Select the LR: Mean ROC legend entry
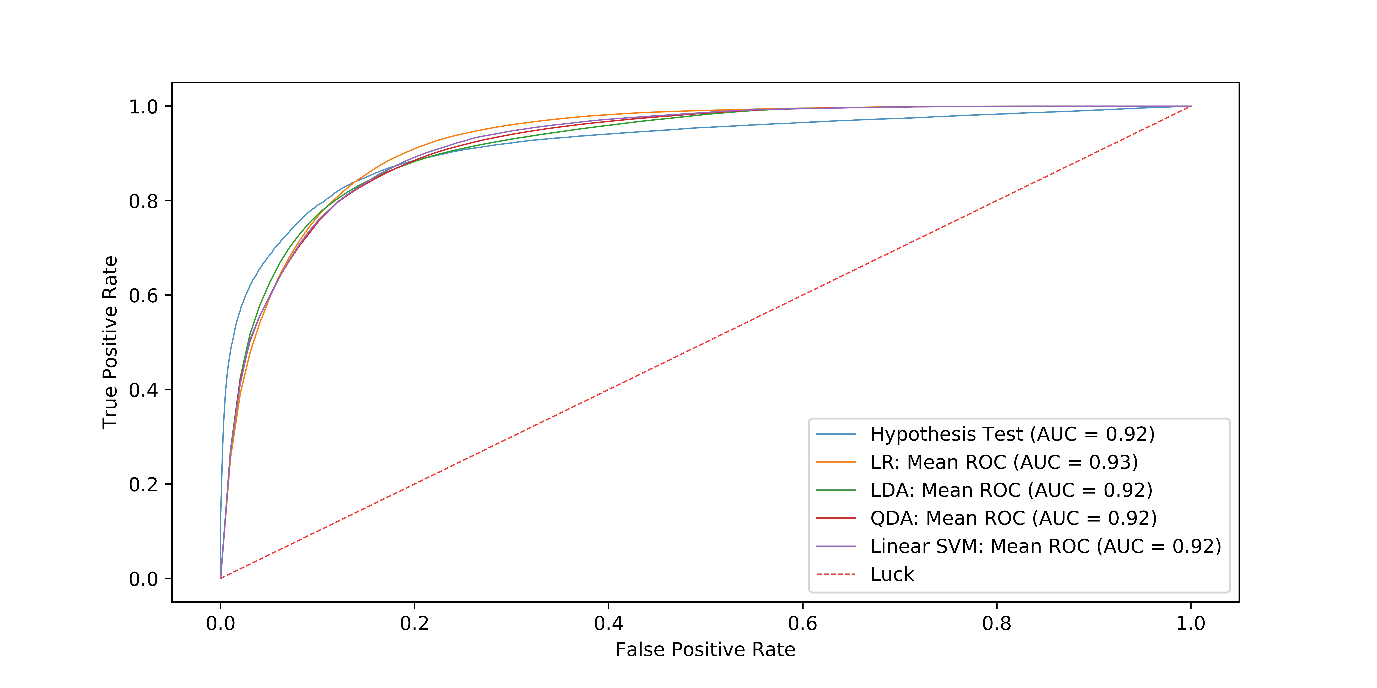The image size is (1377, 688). pos(1004,462)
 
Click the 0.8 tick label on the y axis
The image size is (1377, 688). pos(143,201)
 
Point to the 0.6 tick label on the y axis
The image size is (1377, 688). pos(143,295)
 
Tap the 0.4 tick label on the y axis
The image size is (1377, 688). pos(143,390)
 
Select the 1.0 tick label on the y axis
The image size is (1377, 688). pos(143,107)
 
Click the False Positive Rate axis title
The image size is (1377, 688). pos(705,649)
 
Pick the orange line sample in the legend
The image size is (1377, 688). pos(836,462)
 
